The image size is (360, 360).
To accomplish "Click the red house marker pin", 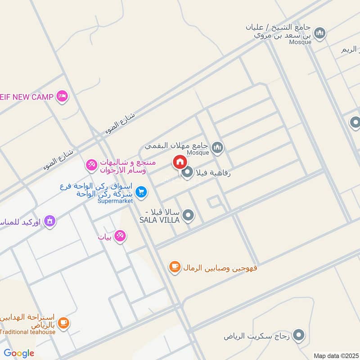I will tap(179, 162).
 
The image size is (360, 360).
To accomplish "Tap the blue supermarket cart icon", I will tap(141, 192).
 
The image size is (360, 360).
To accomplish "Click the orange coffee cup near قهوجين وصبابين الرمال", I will tap(175, 267).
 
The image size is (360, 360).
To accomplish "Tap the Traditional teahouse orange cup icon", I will tap(63, 323).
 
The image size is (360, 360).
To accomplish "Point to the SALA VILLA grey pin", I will tap(189, 216).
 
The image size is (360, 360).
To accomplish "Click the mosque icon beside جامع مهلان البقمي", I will tap(218, 147).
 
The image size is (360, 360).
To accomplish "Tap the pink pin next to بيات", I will tap(120, 235).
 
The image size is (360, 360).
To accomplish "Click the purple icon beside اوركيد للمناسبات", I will tap(50, 221).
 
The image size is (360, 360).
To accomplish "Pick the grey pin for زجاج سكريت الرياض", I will tap(298, 335).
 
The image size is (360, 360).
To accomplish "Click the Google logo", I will tap(19, 353).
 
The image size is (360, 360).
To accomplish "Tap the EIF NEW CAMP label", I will tap(27, 96).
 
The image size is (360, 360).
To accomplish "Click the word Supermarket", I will tap(115, 201).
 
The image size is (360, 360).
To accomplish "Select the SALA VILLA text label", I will tap(159, 220).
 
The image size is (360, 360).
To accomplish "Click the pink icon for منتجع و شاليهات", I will tap(92, 165).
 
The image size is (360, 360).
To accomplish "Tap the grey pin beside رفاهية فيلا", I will tap(187, 172).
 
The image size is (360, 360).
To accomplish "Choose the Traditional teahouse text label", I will tap(28, 332).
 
